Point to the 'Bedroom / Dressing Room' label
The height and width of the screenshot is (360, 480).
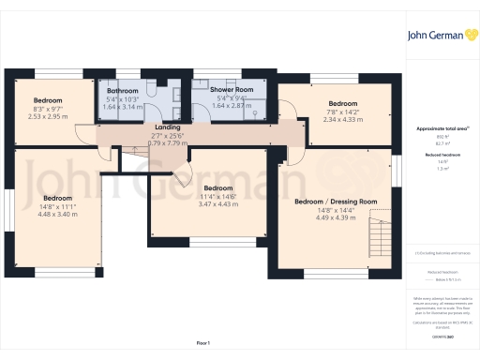(x=336, y=202)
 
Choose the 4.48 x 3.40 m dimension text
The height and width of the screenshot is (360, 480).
(x=57, y=214)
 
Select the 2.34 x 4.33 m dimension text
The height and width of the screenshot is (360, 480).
(x=342, y=119)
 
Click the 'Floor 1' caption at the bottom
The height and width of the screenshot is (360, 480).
(x=203, y=344)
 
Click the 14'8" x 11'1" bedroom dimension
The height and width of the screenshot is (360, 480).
(x=57, y=206)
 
